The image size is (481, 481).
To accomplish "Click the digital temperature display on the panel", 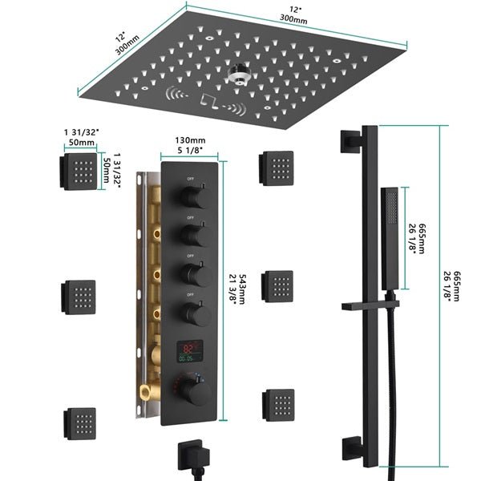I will point(188,350).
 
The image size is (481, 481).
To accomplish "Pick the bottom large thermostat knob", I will point(193,391).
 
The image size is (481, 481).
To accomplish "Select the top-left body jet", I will point(76,171).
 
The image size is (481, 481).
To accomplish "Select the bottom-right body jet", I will point(277,401).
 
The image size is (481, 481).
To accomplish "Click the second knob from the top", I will point(191,235).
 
